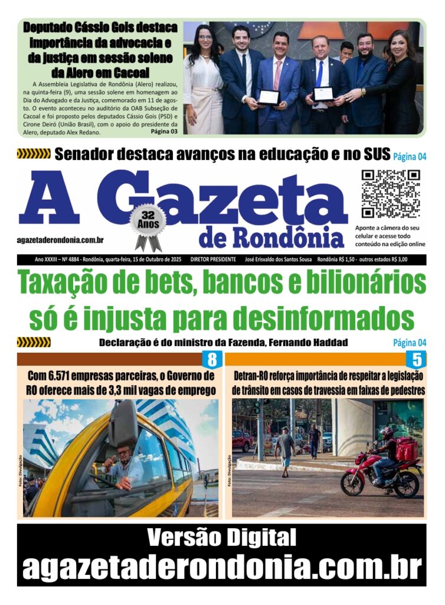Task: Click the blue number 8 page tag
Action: (211, 359)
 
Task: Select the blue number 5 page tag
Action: (417, 359)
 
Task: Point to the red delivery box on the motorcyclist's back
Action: (406, 450)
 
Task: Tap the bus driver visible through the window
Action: (124, 464)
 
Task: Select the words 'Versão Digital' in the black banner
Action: (222, 538)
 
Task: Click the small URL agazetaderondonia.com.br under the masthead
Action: (61, 240)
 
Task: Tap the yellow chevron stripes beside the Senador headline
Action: (33, 155)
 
